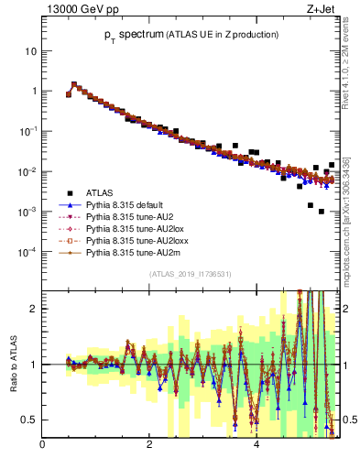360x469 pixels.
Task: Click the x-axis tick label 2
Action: click(148, 446)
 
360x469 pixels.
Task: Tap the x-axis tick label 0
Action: click(42, 446)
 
